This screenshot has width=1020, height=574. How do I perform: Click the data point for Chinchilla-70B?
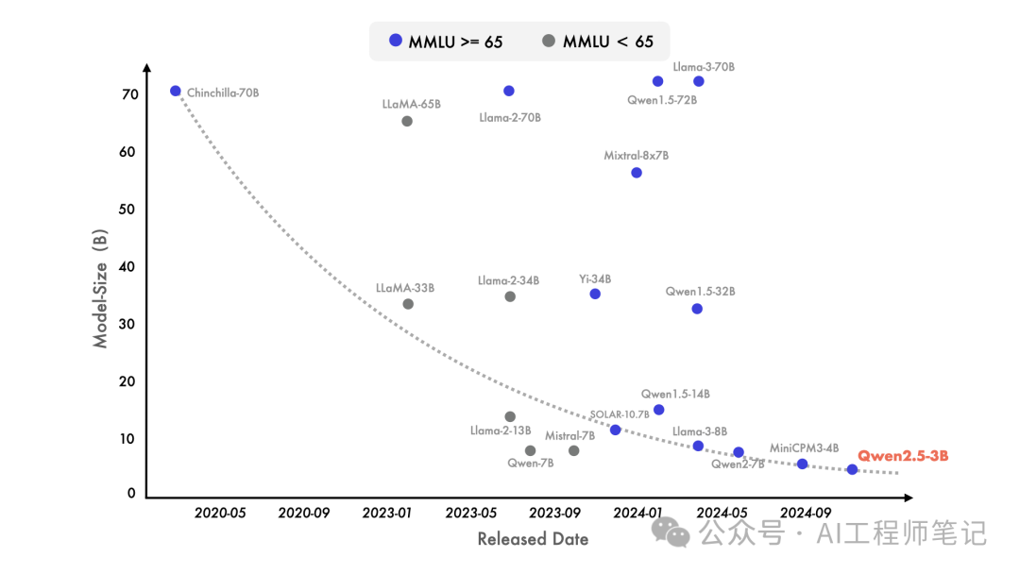point(175,91)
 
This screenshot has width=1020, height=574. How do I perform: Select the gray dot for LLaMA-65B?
point(406,121)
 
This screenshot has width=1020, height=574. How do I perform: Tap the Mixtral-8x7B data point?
point(637,172)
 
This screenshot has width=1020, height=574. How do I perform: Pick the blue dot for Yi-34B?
point(595,294)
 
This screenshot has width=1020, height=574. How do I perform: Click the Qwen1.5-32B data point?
point(697,309)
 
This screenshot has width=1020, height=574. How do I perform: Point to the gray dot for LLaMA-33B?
point(408,304)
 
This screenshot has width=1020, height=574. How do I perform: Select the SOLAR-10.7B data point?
point(616,430)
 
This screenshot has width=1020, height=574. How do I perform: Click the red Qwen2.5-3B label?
point(903,456)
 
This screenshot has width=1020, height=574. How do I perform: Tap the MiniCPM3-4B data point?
point(802,464)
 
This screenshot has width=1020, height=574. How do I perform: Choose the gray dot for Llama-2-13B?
point(510,416)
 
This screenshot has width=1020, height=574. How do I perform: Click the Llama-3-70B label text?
point(704,67)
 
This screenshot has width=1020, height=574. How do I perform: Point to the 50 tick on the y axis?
point(127,210)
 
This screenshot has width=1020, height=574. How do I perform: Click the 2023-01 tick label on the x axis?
point(387,513)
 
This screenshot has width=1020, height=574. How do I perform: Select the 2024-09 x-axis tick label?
point(806,513)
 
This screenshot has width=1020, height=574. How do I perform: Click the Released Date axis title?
point(533,539)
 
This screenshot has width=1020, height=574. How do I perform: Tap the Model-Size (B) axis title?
point(99,289)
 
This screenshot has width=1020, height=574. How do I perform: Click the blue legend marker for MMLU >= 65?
point(396,41)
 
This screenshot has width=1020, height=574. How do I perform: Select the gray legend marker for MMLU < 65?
point(549,41)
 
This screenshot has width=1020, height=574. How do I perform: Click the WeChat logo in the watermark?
point(671,532)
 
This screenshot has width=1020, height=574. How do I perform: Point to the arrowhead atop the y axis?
point(147,68)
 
